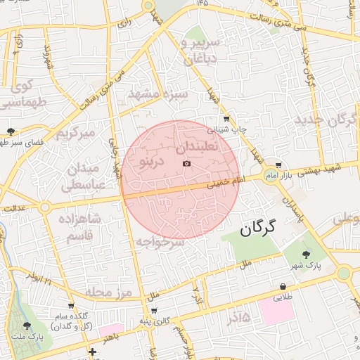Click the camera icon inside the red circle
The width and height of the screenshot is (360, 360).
186,164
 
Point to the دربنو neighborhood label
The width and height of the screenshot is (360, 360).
153,163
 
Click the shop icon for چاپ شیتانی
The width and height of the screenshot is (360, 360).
226,119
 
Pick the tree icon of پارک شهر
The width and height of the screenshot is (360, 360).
307,255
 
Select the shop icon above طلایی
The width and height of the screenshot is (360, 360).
283,287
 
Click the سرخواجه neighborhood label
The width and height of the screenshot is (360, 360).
160,242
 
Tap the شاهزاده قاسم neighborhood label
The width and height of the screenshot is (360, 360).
83,228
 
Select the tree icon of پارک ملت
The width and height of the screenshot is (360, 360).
27,325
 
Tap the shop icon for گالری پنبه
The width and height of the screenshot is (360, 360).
154,311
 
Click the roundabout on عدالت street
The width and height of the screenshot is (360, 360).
45,207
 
